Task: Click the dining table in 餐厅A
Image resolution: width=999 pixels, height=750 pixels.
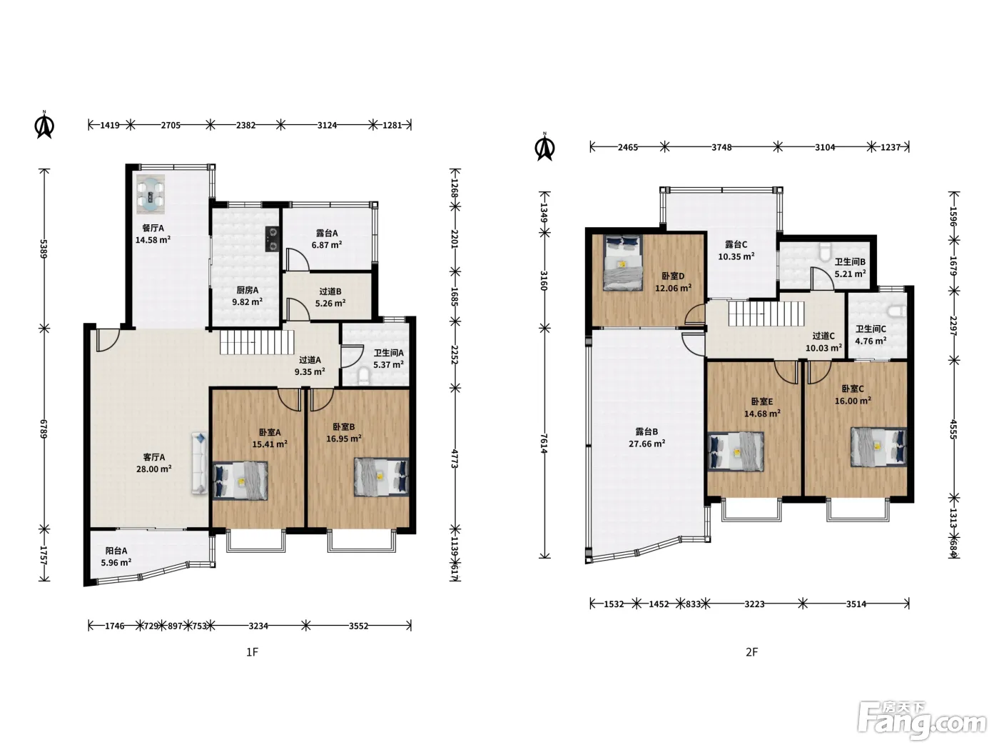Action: pos(151,194)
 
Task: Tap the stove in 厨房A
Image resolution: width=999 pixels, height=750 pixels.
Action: pos(272,239)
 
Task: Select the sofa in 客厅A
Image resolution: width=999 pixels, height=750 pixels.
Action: pos(199,463)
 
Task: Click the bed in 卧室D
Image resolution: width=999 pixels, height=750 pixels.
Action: pos(623,263)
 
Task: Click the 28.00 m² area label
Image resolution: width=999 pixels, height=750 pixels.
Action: pos(154,469)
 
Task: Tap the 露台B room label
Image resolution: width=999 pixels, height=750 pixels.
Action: pos(646,431)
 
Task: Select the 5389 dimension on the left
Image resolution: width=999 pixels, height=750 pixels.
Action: pos(44,249)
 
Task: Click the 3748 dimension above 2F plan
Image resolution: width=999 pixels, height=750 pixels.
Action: pos(721,147)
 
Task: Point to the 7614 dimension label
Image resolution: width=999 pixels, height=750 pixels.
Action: pos(544,443)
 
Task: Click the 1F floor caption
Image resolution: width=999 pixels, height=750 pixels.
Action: pos(252,652)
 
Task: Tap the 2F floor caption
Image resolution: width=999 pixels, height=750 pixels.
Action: pos(752,652)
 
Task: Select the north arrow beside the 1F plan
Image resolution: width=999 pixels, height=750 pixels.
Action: pos(45,124)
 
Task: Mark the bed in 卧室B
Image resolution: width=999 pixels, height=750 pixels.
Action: pos(381,476)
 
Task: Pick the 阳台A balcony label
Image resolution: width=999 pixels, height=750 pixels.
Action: pos(116,551)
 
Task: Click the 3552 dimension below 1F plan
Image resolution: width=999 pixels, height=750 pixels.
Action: pos(359,626)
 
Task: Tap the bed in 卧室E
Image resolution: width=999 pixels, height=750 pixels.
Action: pos(736,451)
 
